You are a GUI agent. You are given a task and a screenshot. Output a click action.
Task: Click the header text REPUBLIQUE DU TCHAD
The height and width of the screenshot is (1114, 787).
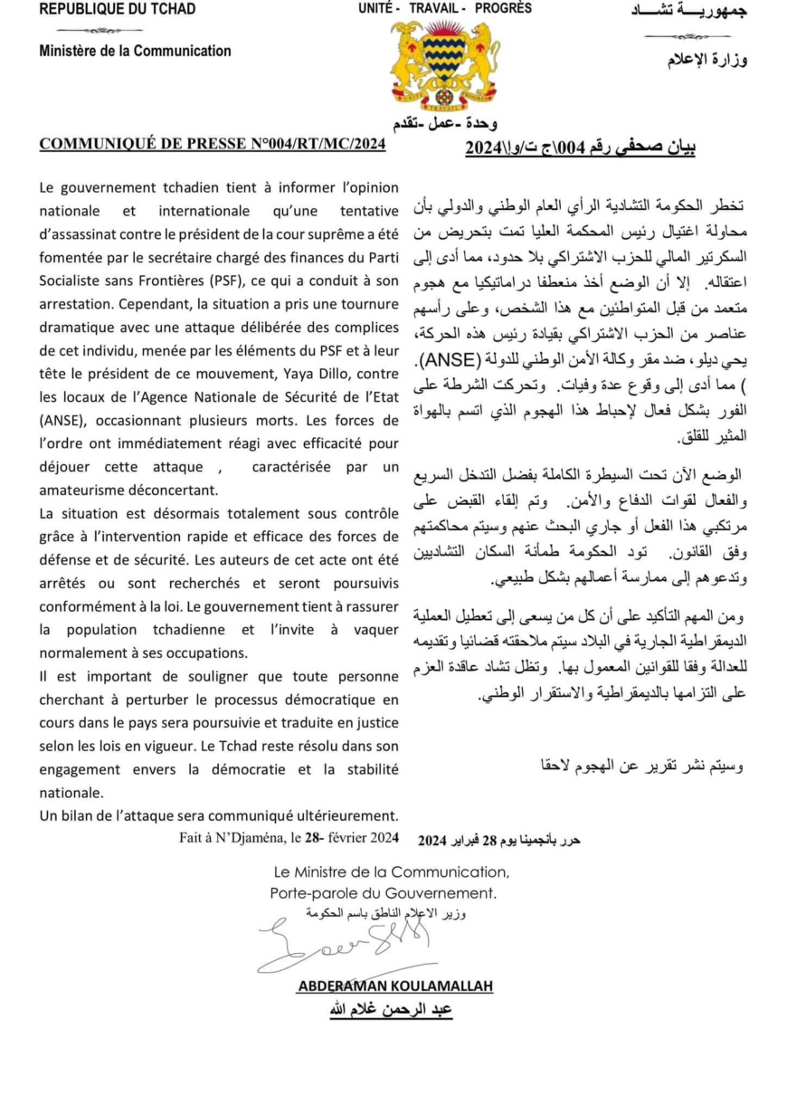point(118,10)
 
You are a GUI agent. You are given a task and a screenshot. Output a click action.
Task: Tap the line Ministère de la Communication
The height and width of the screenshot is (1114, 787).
point(135,52)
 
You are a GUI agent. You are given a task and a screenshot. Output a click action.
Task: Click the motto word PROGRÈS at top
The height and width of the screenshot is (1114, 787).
point(503,8)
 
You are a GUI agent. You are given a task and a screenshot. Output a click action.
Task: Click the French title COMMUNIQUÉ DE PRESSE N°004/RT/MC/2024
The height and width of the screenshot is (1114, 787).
point(213,144)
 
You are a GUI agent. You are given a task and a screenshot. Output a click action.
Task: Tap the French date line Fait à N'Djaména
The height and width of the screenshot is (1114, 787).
point(289,838)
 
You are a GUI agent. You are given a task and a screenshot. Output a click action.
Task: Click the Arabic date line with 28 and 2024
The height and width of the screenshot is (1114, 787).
point(498,841)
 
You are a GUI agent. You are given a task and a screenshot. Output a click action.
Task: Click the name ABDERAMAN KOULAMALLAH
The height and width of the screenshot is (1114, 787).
point(394,986)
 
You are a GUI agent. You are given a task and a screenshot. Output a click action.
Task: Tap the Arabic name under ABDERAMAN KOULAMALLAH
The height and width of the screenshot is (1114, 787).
point(391,1010)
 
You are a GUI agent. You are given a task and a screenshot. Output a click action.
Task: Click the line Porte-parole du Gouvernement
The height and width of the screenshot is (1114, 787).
point(384,893)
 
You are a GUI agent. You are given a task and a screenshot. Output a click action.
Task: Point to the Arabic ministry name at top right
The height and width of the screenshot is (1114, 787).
point(706,61)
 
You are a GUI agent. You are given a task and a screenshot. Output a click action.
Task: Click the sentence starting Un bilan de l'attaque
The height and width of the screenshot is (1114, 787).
point(218,816)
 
